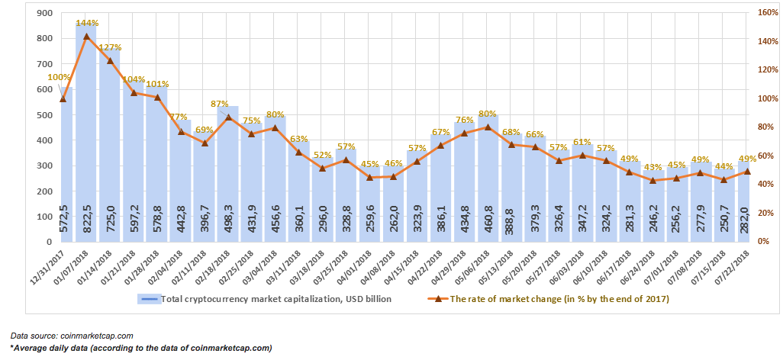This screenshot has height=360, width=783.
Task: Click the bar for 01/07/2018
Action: pos(86,133)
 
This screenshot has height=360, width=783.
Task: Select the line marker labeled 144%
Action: pos(86,36)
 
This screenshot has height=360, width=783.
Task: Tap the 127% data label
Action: pos(111,47)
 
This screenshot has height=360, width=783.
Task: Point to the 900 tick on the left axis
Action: pos(46,13)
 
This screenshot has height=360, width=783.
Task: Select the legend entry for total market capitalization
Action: pos(264,299)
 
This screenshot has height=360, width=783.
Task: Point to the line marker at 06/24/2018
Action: pos(654,180)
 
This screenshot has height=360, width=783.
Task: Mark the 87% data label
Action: pos(219,104)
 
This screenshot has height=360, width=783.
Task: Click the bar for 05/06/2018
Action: pos(488,178)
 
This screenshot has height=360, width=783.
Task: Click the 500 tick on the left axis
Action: pos(46,115)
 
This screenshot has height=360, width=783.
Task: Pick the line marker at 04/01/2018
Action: pos(370,177)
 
